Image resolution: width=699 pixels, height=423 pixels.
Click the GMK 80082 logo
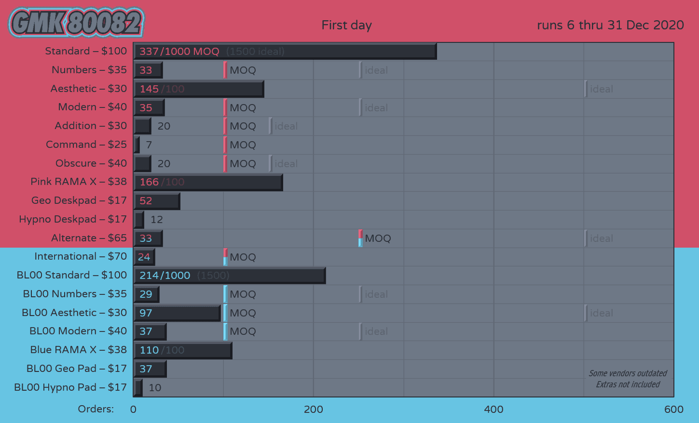76,23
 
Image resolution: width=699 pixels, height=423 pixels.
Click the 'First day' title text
346,25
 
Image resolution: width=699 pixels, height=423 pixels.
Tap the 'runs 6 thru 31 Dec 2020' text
610,25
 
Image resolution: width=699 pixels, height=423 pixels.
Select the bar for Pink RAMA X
208,182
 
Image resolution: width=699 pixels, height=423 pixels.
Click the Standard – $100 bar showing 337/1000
285,52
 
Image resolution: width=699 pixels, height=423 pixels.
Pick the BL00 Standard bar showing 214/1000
230,276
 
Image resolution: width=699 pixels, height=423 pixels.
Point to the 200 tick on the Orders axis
314,410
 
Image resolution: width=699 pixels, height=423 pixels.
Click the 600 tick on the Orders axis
673,410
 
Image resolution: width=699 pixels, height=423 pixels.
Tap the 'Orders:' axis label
96,409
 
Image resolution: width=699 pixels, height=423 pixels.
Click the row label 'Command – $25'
86,145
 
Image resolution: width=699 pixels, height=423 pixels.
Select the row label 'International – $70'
81,256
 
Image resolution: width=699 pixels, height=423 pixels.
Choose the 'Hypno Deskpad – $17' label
73,219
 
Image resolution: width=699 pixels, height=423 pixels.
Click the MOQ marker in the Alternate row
361,238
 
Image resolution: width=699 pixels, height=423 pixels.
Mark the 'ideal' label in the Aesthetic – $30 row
601,89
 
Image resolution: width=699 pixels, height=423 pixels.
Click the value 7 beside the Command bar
149,145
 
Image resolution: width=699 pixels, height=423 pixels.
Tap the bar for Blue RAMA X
183,350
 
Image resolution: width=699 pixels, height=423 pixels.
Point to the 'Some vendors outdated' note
628,373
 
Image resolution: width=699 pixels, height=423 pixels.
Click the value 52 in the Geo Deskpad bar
146,201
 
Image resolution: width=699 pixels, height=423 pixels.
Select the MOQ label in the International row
243,257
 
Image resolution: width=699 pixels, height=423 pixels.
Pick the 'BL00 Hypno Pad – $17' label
70,387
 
